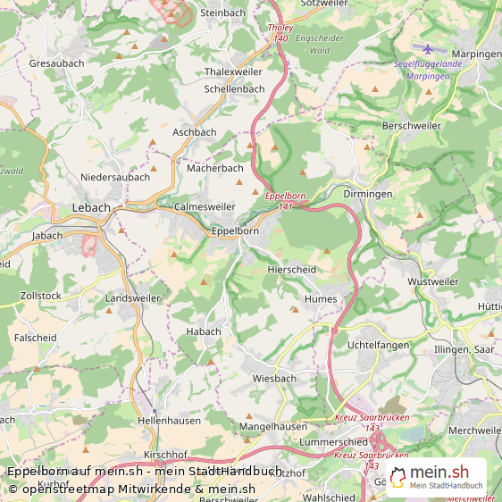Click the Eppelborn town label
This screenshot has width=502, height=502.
click(235, 230)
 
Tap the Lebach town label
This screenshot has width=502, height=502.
click(91, 207)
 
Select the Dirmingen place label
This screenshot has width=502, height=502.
click(368, 194)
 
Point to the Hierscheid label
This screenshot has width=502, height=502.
click(291, 269)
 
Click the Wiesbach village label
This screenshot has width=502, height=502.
click(273, 378)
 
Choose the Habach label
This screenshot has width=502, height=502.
click(203, 331)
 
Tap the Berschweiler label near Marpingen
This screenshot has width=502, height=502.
click(411, 126)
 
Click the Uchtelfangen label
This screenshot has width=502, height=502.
click(377, 345)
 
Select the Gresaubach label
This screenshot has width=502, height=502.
click(57, 64)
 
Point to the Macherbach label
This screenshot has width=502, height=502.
click(214, 168)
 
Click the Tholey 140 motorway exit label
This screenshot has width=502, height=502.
click(280, 34)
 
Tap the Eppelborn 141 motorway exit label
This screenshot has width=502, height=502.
click(285, 201)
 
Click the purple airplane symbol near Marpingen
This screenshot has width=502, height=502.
click(427, 48)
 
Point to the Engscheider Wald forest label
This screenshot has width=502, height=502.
click(320, 46)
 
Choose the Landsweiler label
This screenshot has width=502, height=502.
click(133, 297)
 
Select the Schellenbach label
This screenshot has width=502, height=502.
click(234, 89)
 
